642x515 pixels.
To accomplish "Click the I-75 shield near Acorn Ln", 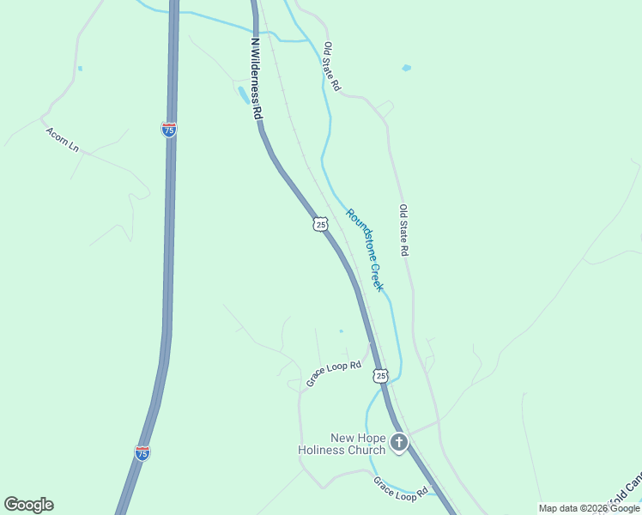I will (x=169, y=130).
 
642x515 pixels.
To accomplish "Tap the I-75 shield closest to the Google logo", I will (x=142, y=452).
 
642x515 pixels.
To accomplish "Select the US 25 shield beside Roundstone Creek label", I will (x=320, y=224).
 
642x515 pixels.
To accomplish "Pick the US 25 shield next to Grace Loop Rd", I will (x=381, y=376).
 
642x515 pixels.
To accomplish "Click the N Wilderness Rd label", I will (x=255, y=77).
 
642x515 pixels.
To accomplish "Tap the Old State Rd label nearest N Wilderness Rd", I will (x=332, y=67).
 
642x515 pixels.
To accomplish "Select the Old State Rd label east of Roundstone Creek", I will (x=403, y=230).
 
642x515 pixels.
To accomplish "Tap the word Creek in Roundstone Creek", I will (x=376, y=276).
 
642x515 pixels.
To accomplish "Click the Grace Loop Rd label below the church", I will (x=400, y=488).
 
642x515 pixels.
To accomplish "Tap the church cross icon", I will (x=398, y=443).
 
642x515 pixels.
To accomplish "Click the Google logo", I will (x=28, y=505).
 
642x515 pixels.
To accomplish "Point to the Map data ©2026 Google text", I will (x=590, y=508).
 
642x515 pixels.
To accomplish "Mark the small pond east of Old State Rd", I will (x=406, y=67).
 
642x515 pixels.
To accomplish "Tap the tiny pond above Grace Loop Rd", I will (x=341, y=330).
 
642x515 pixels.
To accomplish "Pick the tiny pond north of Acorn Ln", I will (x=80, y=68).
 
